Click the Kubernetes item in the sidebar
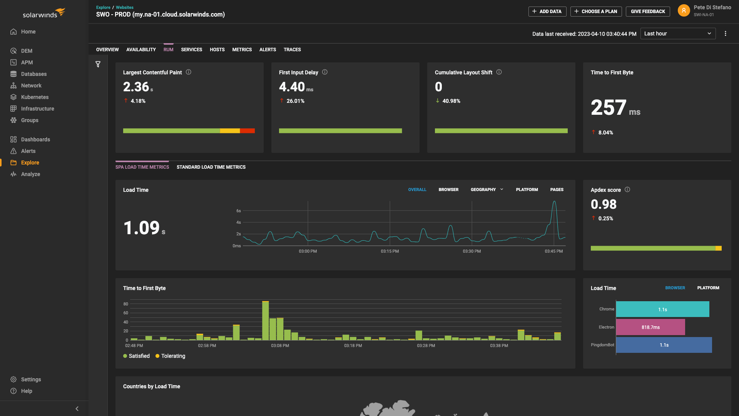(34, 97)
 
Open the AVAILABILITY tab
(141, 50)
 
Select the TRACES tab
(292, 50)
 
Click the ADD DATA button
(547, 12)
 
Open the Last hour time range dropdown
(677, 34)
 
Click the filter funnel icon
(98, 64)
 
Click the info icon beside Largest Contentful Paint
(189, 72)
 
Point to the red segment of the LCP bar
(247, 131)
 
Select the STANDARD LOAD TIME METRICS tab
(211, 167)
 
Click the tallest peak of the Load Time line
(554, 202)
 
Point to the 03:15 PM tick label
(390, 251)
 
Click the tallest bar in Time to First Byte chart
(265, 320)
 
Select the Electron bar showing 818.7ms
(650, 327)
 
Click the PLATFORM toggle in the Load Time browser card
(708, 288)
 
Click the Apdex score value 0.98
(604, 204)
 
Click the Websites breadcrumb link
(125, 7)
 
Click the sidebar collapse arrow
(77, 409)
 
